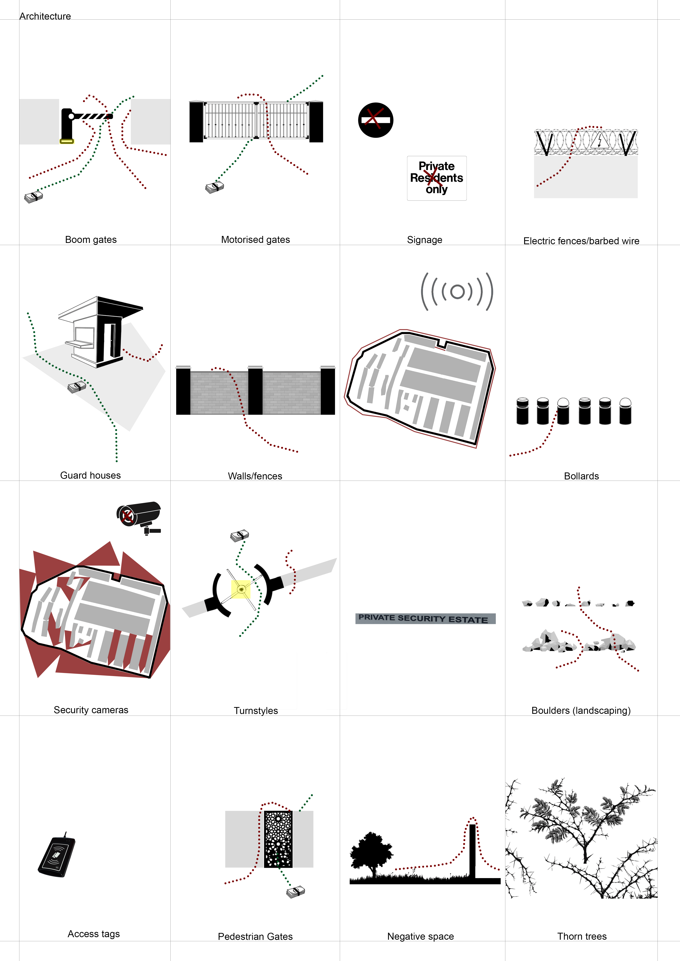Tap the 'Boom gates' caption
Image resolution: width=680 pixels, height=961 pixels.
pyautogui.click(x=91, y=240)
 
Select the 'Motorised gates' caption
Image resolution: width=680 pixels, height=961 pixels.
pyautogui.click(x=255, y=240)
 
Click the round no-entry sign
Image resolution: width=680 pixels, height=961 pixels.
pyautogui.click(x=376, y=120)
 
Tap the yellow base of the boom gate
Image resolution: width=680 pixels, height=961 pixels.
pyautogui.click(x=66, y=141)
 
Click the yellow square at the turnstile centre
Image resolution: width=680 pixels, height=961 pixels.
pyautogui.click(x=241, y=589)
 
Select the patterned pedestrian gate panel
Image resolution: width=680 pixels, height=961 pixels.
pyautogui.click(x=278, y=839)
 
